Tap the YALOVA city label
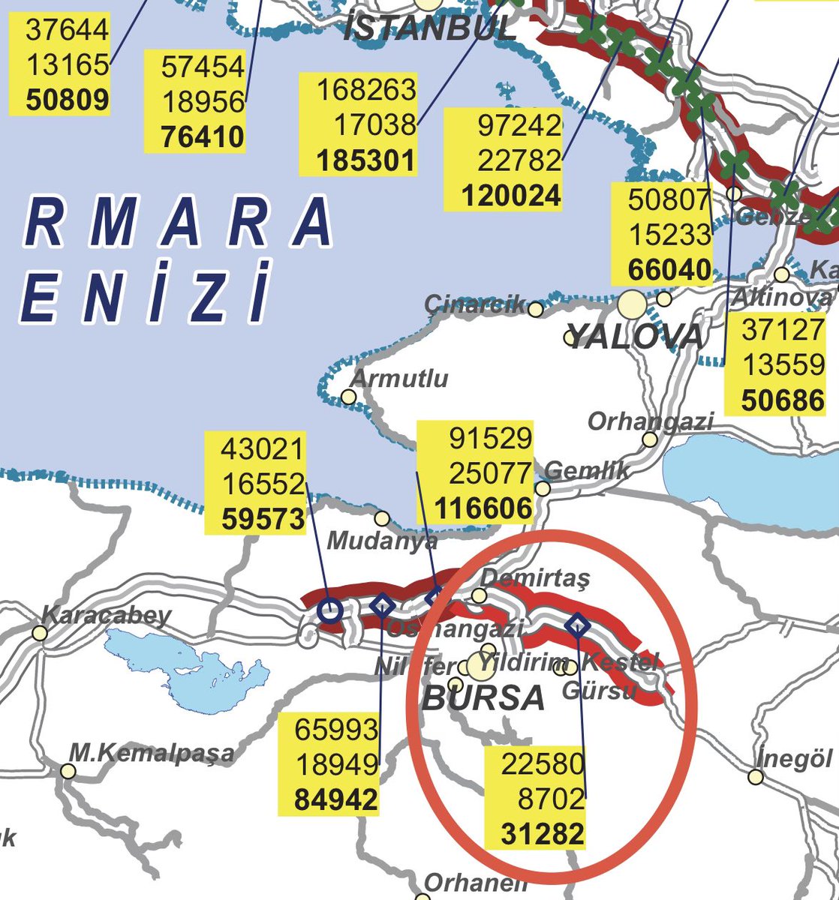pos(634,337)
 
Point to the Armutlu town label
pos(400,378)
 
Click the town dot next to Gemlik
pos(543,488)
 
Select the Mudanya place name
pos(383,540)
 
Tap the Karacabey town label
pos(106,616)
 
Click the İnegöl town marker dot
pos(756,777)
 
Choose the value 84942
pos(336,800)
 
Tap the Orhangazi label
pos(650,421)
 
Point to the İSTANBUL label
pos(431,28)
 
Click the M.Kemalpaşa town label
pos(152,751)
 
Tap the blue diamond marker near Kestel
pos(577,625)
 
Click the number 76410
pos(203,137)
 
